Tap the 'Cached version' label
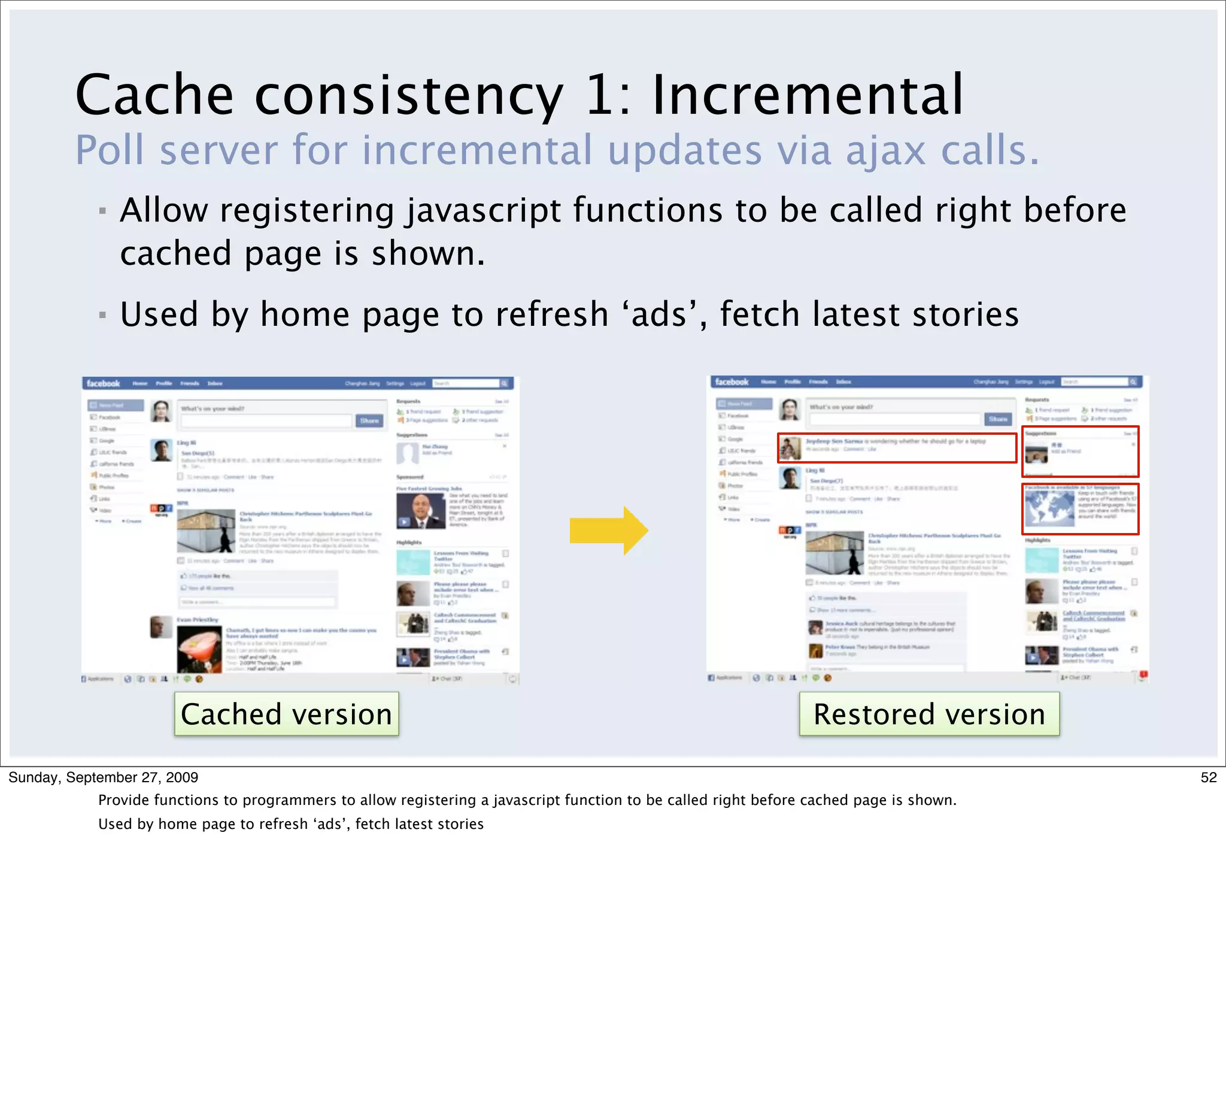pyautogui.click(x=286, y=714)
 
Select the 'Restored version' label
pyautogui.click(x=928, y=714)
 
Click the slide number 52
pyautogui.click(x=1209, y=777)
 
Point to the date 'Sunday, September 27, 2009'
pyautogui.click(x=104, y=777)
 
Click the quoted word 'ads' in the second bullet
pyautogui.click(x=663, y=314)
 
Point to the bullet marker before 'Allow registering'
pyautogui.click(x=102, y=211)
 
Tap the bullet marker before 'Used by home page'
pyautogui.click(x=102, y=315)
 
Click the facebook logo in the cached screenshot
pyautogui.click(x=104, y=383)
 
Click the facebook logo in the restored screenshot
pyautogui.click(x=732, y=382)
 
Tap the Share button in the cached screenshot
pyautogui.click(x=369, y=420)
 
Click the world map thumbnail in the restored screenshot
pyautogui.click(x=1049, y=508)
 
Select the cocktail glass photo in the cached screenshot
pyautogui.click(x=199, y=649)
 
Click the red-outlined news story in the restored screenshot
pyautogui.click(x=897, y=448)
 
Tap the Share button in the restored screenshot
pyautogui.click(x=998, y=419)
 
